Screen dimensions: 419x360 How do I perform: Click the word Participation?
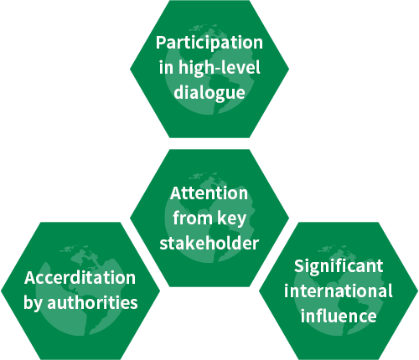(x=209, y=44)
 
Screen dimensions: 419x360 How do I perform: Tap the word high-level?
(x=220, y=68)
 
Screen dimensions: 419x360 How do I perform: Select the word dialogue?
(x=209, y=93)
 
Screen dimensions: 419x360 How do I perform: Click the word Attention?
(x=209, y=193)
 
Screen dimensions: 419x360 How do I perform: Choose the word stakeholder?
(x=209, y=243)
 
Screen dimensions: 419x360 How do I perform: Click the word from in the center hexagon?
(x=193, y=218)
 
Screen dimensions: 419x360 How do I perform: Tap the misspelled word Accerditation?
(x=80, y=278)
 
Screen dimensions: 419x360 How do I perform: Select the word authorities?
(x=92, y=302)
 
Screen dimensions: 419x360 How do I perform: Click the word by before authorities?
(x=33, y=304)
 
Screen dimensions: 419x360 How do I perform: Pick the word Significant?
(x=339, y=266)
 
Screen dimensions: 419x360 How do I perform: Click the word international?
(x=339, y=291)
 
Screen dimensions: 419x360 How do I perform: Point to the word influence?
(x=339, y=316)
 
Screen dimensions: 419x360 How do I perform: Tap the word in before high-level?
(x=166, y=67)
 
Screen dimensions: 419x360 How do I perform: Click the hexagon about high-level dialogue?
(x=209, y=69)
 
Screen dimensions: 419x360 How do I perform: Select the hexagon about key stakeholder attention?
(x=209, y=218)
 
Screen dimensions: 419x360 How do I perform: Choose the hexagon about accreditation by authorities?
(x=80, y=291)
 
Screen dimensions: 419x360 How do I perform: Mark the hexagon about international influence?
(x=339, y=291)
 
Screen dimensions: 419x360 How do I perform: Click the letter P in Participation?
(x=161, y=43)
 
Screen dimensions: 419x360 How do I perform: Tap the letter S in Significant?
(x=298, y=266)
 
